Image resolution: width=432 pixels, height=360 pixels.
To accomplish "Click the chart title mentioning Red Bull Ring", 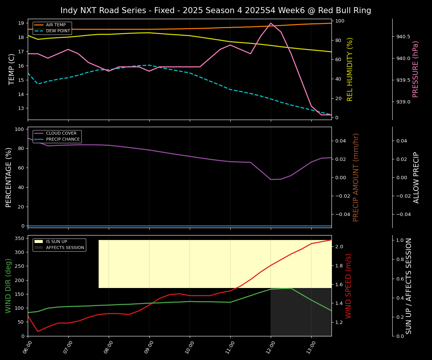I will coord(216,10).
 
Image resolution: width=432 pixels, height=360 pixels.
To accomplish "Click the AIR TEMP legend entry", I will coord(55,25).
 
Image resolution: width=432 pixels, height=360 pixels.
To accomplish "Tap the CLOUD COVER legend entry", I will coord(61,133).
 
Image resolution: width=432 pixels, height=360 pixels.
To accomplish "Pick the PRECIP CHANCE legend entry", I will coord(63,139).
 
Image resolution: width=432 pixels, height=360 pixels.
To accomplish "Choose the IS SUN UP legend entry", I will coord(56,242).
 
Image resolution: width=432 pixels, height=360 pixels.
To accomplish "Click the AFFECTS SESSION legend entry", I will coord(65,248).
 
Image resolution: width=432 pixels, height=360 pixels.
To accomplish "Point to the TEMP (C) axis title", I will coord(12,69).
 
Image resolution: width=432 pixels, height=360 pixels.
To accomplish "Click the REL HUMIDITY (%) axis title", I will coord(350,69).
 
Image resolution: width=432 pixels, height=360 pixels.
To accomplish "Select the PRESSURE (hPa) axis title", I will coord(415,69).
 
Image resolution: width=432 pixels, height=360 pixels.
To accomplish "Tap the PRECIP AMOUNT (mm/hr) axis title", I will coord(356,177).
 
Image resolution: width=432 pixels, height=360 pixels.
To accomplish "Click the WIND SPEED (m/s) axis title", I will coord(348,286).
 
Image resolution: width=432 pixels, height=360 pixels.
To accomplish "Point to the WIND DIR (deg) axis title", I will coord(8,286).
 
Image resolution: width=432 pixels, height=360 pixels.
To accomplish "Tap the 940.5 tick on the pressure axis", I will coord(403,37).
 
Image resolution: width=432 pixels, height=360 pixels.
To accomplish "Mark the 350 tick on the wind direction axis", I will coord(20,238).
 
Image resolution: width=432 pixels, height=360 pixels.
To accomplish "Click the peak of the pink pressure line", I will coord(271,23).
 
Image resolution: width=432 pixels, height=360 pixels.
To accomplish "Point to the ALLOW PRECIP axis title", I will coord(416,177).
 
